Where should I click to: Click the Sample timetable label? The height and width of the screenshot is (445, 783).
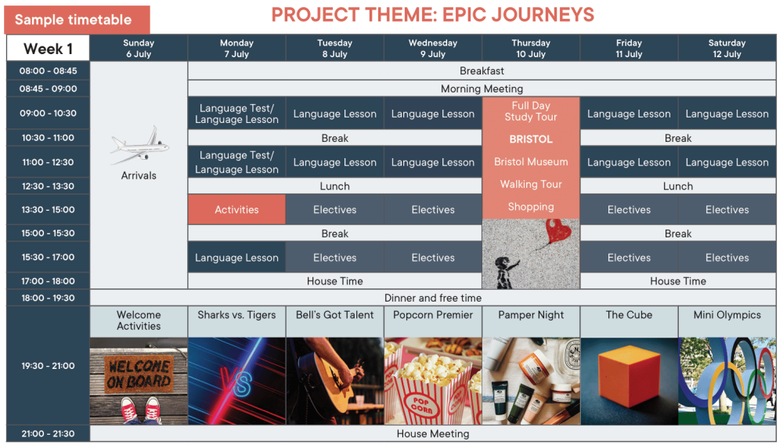(74, 20)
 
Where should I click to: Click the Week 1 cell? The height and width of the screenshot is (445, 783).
(48, 49)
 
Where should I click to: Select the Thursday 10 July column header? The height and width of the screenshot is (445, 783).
(531, 49)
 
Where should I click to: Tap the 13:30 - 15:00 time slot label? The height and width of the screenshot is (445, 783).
(48, 210)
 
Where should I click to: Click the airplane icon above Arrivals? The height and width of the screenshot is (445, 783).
(139, 146)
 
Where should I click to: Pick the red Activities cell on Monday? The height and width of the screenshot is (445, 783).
(236, 210)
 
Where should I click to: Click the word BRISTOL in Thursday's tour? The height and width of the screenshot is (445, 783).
(531, 139)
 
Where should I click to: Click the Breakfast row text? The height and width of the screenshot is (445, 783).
(482, 71)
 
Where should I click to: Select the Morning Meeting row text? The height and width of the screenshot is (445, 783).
(482, 89)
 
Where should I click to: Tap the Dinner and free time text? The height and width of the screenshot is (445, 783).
(433, 298)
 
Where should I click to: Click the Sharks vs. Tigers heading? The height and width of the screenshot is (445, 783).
(236, 315)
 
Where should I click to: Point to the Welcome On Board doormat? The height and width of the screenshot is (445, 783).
(139, 374)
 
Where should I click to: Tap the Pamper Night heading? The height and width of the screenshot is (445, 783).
(531, 315)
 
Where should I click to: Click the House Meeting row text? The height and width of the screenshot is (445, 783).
(433, 433)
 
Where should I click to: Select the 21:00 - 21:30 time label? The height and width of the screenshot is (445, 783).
(48, 433)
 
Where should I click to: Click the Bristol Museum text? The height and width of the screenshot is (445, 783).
(531, 162)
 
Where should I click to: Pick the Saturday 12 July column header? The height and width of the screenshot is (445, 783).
(727, 49)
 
